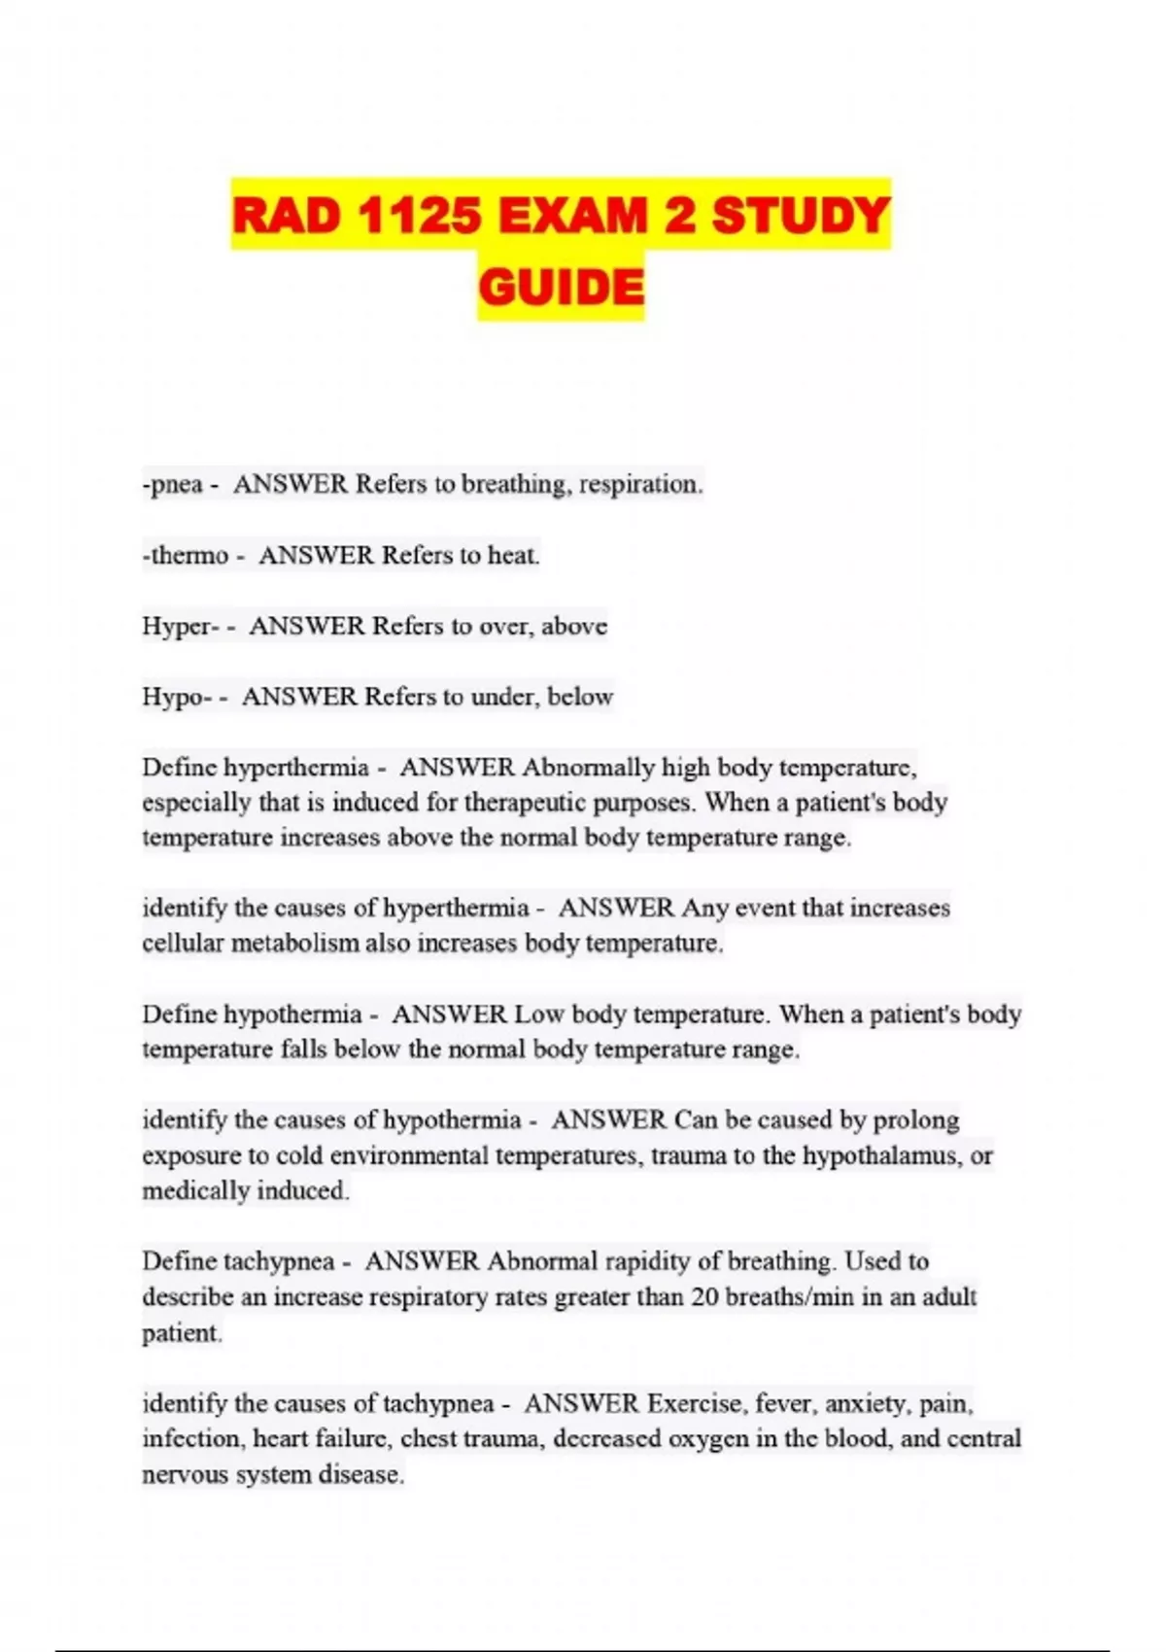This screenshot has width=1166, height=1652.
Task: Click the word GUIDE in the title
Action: (x=561, y=288)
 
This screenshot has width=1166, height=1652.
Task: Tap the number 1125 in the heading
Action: (x=419, y=216)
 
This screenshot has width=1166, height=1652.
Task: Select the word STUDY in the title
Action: (x=801, y=216)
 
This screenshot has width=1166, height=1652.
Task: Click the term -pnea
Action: (x=172, y=484)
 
